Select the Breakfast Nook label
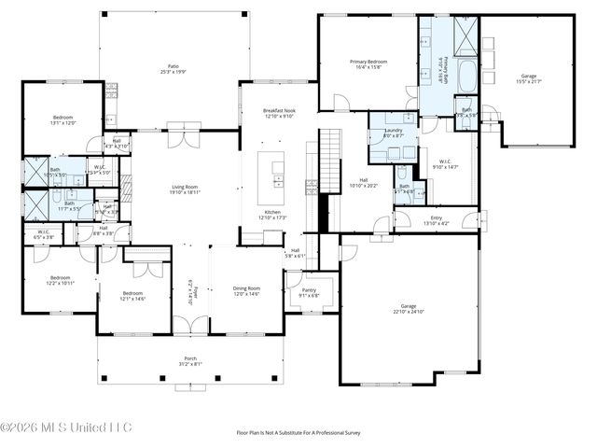tap(280, 113)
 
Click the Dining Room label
tap(246, 290)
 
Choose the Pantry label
tap(310, 292)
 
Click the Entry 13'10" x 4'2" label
tap(436, 220)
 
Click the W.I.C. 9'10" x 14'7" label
tap(446, 163)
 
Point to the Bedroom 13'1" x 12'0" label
tap(62, 119)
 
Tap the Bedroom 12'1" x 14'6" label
tap(132, 296)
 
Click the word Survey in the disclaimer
tap(349, 432)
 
